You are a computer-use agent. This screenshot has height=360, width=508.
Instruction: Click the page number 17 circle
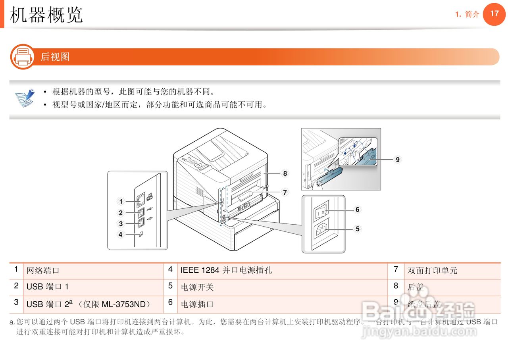pyautogui.click(x=494, y=14)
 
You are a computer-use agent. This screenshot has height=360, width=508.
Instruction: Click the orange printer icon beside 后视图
pyautogui.click(x=23, y=57)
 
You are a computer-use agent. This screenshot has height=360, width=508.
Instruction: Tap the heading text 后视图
pyautogui.click(x=55, y=57)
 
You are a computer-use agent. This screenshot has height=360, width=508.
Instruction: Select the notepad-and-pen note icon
pyautogui.click(x=25, y=98)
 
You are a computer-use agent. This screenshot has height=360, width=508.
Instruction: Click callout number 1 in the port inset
pyautogui.click(x=121, y=202)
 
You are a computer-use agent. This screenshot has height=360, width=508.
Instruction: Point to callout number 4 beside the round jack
pyautogui.click(x=121, y=235)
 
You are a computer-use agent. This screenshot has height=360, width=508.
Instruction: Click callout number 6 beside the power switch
pyautogui.click(x=357, y=210)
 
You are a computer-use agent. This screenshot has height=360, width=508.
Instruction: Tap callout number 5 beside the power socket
pyautogui.click(x=357, y=229)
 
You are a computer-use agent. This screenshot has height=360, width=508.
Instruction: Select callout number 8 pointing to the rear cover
pyautogui.click(x=285, y=173)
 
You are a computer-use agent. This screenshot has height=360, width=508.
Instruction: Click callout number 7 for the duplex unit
pyautogui.click(x=285, y=193)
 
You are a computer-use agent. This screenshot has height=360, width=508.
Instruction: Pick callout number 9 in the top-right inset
pyautogui.click(x=397, y=160)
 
